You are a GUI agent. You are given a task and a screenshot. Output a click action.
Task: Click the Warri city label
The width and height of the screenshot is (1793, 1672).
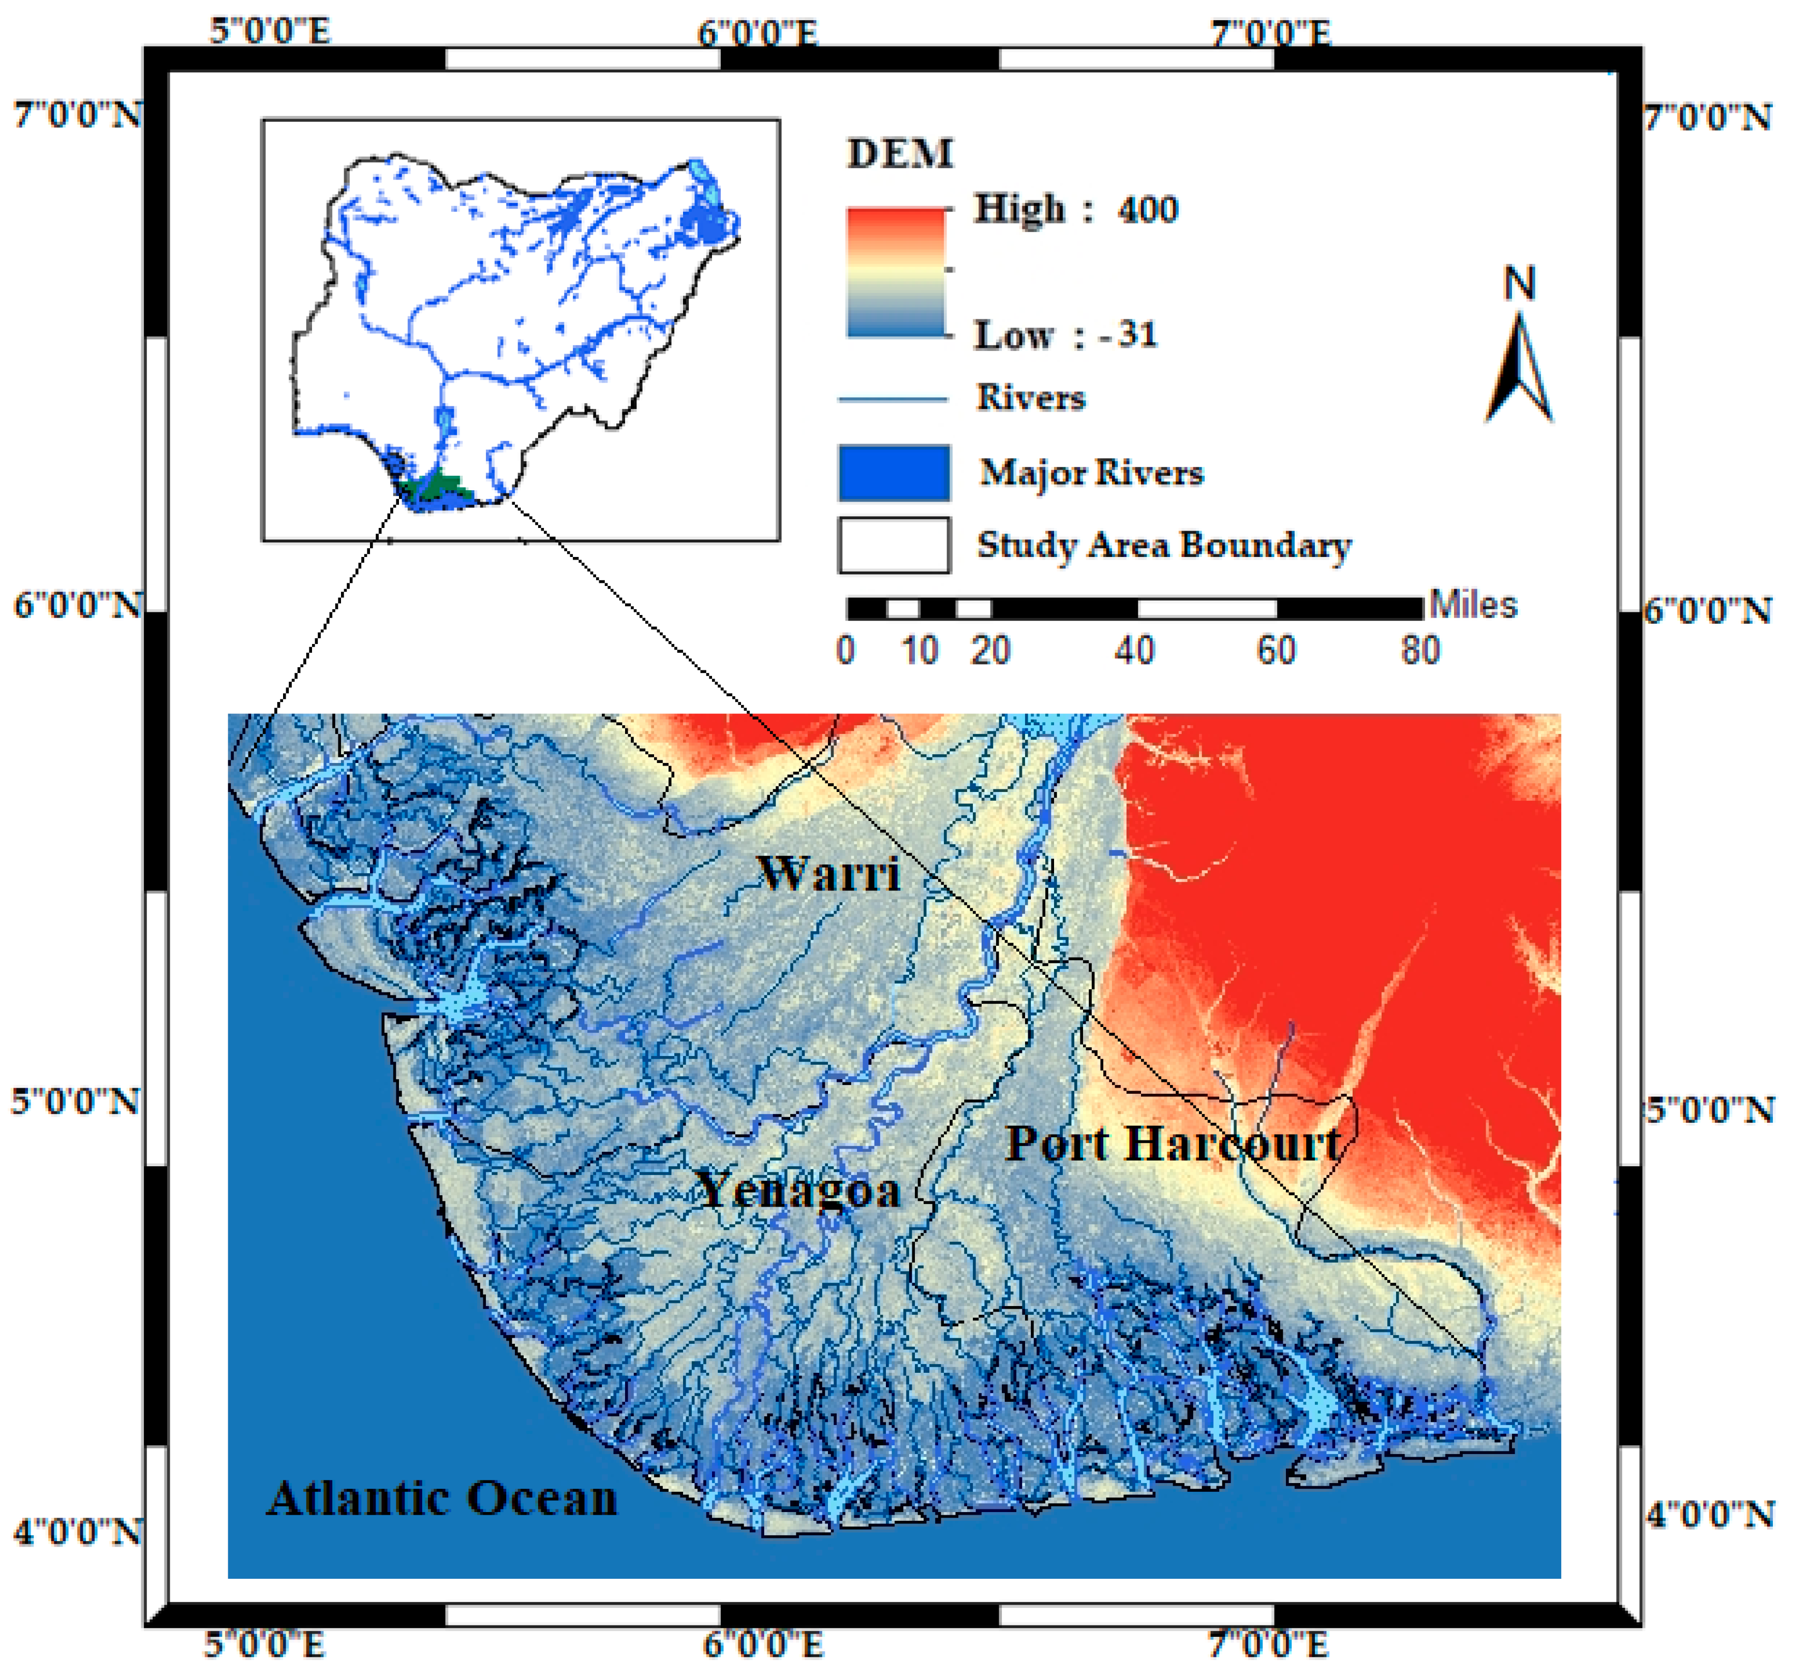click(828, 873)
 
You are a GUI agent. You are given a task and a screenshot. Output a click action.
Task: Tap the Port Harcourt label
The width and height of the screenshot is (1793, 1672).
click(1173, 1144)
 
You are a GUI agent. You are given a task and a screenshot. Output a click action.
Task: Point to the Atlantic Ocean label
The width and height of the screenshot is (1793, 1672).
click(442, 1498)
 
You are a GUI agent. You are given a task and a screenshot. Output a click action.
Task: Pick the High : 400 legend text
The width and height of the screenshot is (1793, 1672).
click(1075, 209)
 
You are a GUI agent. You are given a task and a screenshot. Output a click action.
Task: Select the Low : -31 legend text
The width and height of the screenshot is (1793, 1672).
click(1065, 335)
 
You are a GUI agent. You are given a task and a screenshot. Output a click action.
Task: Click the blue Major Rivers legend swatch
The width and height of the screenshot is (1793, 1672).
click(894, 473)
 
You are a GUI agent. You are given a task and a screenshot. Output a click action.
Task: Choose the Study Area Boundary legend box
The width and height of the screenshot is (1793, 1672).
click(894, 545)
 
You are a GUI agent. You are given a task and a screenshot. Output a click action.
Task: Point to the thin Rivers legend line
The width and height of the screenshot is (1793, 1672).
click(893, 399)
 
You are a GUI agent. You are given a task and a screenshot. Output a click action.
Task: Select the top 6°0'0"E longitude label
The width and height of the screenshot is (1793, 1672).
click(758, 33)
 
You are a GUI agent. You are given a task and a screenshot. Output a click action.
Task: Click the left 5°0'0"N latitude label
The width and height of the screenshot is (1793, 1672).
click(76, 1102)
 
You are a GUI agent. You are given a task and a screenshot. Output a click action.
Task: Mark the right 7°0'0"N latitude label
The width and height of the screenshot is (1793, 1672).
click(1707, 118)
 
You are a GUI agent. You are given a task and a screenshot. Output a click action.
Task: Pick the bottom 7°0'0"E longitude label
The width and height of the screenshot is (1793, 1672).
click(1269, 1644)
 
